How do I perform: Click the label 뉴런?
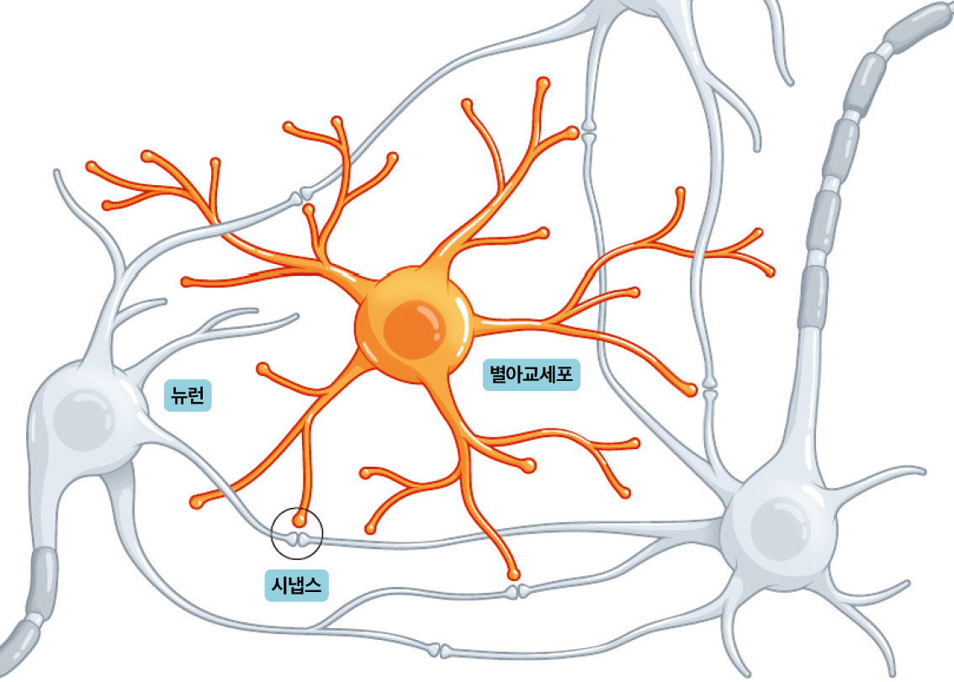188,396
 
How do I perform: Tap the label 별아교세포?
531,374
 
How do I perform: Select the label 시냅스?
297,585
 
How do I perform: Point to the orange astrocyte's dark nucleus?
415,330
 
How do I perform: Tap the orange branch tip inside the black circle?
299,521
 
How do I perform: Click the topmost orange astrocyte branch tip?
543,82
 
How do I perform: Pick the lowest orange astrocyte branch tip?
514,574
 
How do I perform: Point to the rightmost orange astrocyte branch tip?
769,272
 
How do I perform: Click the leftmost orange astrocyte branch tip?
92,166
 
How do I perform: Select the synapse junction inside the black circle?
297,539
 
